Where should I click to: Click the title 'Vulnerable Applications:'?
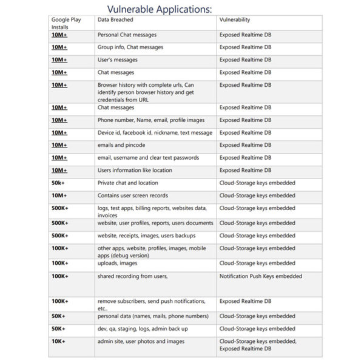(160, 9)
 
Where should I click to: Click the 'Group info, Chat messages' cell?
(130, 47)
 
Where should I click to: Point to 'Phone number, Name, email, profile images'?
(150, 120)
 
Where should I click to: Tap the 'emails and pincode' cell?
(121, 145)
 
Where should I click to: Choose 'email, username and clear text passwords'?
(148, 158)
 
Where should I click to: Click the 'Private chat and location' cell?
(127, 183)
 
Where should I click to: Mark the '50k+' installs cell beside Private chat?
(59, 183)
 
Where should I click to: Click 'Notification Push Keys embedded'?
(261, 276)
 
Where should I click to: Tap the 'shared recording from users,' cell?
(132, 276)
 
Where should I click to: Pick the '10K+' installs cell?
(59, 341)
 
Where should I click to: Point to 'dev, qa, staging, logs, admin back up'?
(143, 328)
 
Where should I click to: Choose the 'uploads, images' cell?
(117, 263)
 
